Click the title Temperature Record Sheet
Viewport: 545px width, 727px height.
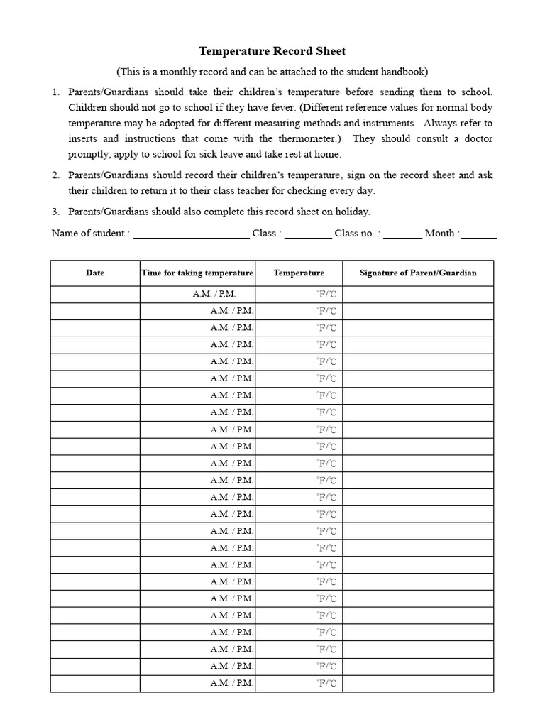[x=272, y=51]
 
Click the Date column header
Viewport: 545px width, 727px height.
[x=95, y=273]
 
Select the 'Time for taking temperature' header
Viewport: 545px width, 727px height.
[x=197, y=273]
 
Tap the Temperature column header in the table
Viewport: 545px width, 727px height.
[x=299, y=273]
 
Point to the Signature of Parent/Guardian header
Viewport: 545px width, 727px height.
[x=418, y=273]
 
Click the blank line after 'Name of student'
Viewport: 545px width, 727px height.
[x=191, y=234]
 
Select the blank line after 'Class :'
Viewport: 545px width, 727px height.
[x=308, y=234]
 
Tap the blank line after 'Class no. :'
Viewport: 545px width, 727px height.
[x=402, y=234]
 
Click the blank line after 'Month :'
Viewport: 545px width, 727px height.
[x=479, y=234]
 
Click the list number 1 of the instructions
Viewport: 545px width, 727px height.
[x=55, y=92]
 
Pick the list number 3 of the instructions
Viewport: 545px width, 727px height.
[x=55, y=212]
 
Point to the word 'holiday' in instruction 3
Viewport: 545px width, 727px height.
[x=352, y=212]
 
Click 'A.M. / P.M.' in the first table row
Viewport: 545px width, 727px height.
[x=214, y=294]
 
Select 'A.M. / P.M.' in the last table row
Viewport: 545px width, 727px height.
[x=232, y=684]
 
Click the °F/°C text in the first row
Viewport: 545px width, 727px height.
[x=326, y=294]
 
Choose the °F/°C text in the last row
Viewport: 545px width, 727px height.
[x=326, y=684]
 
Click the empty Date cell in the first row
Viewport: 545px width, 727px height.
[x=95, y=294]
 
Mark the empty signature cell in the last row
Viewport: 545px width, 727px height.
[x=418, y=684]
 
